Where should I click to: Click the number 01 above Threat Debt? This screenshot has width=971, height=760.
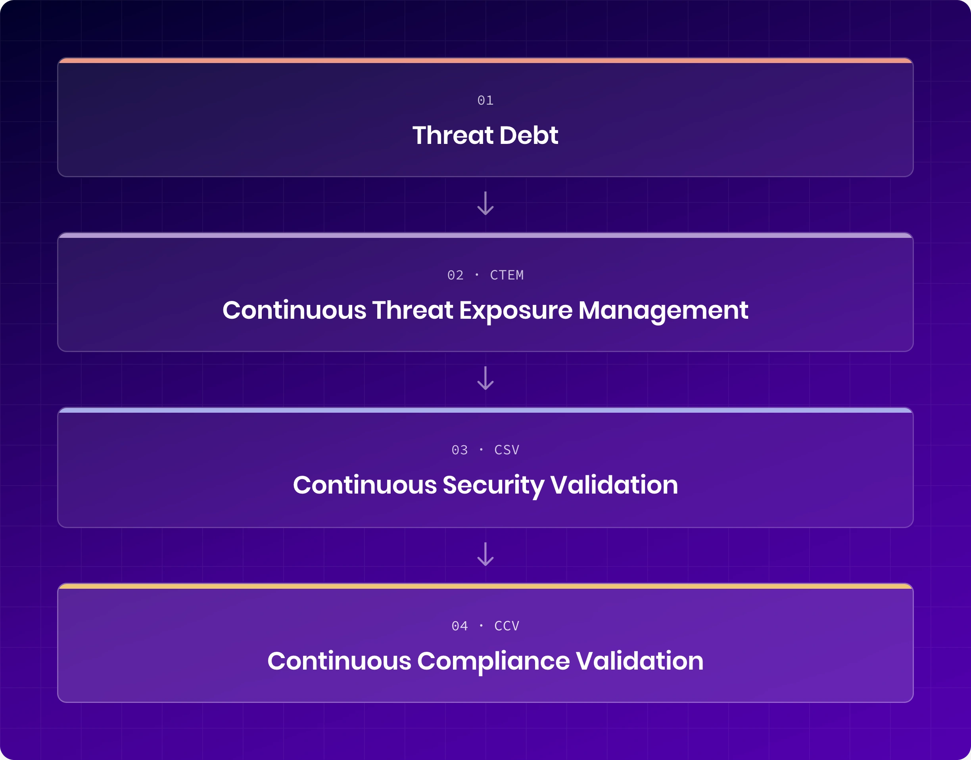[x=485, y=101]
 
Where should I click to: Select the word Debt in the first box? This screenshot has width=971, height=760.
[x=529, y=135]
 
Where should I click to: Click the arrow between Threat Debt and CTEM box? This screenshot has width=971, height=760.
[x=485, y=203]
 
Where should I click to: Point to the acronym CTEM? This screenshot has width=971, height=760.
[x=507, y=276]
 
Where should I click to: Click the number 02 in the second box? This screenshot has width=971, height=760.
[x=455, y=276]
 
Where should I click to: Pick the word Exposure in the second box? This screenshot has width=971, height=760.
[x=516, y=310]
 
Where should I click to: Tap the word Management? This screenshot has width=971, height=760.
[x=663, y=310]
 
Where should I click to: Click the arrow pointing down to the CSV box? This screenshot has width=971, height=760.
[x=485, y=378]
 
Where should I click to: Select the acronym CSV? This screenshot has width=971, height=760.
[x=507, y=450]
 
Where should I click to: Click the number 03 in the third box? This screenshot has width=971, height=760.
[x=460, y=450]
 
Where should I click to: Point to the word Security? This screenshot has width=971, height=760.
[x=493, y=485]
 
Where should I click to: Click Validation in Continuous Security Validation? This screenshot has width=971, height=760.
[x=614, y=485]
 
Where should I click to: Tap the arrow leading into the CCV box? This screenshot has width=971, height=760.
[x=485, y=554]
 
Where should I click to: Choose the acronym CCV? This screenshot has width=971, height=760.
[x=507, y=626]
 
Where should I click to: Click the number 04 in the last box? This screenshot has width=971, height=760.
[x=460, y=626]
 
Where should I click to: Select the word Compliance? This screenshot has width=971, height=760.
[x=493, y=661]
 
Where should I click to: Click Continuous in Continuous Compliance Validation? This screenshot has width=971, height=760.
[x=339, y=661]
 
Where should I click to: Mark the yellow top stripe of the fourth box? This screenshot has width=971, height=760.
[x=485, y=586]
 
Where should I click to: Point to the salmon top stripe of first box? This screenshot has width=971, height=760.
[x=485, y=61]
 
